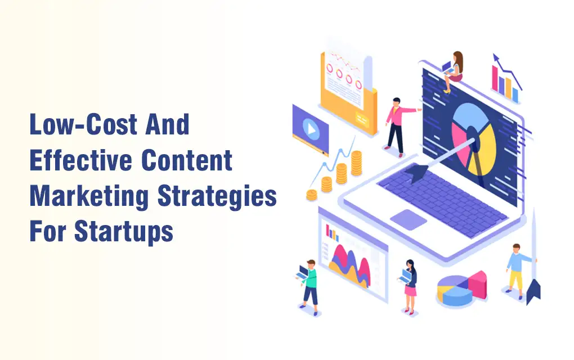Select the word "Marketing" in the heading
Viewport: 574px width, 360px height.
point(89,197)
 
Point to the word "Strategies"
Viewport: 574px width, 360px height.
point(217,197)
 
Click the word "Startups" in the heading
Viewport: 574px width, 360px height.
point(123,232)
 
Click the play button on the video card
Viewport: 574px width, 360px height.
point(311,129)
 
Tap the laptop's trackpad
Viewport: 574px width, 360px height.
point(408,220)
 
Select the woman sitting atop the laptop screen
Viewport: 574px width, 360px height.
point(453,71)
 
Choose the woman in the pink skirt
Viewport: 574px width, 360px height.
point(409,287)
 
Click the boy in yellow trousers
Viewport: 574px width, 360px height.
point(518,271)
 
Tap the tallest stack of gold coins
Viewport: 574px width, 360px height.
point(357,163)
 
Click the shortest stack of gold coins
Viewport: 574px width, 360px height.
point(312,195)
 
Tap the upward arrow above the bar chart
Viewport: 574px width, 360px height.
point(507,71)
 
